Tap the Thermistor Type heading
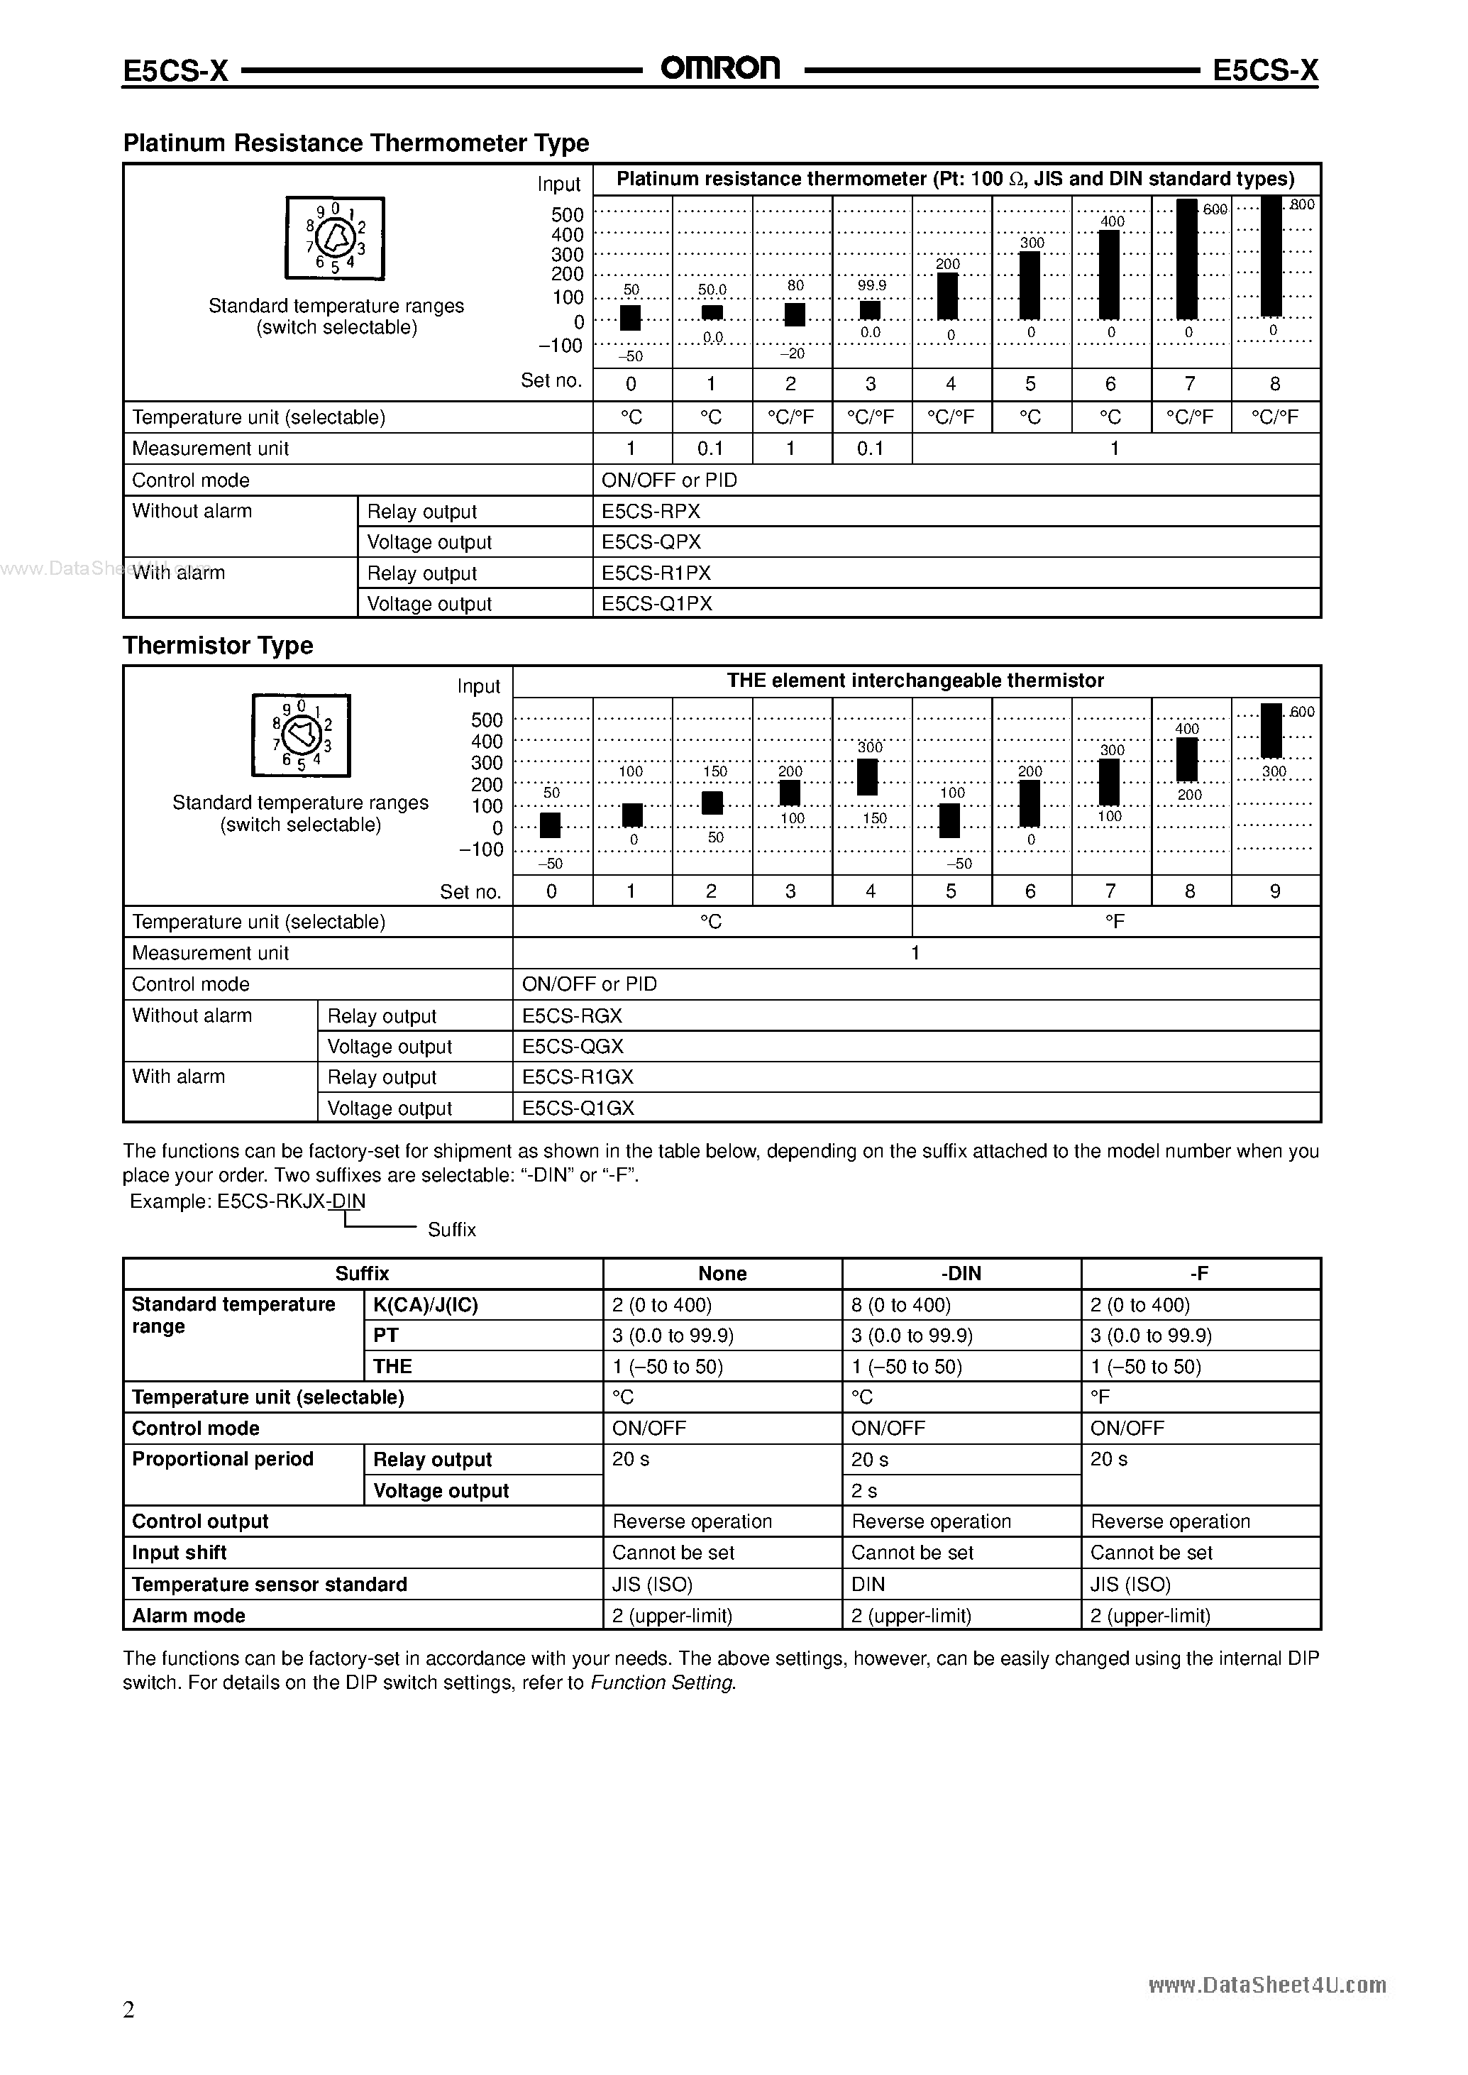218,646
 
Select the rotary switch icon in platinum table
336,238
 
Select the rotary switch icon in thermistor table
301,735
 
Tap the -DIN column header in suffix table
961,1273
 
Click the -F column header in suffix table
1200,1273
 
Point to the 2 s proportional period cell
865,1490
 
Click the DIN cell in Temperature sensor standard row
868,1583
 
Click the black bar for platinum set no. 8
1271,257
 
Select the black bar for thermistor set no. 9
1271,730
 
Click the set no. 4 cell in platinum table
950,384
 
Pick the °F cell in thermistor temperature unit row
1115,921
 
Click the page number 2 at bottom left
128,2009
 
